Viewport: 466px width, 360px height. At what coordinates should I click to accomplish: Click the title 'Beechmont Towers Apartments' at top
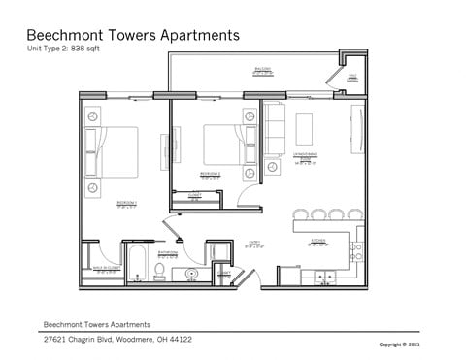click(x=133, y=35)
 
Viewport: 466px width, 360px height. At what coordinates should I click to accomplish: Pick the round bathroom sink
click(x=192, y=275)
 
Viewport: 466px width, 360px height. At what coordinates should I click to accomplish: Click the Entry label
click(x=254, y=245)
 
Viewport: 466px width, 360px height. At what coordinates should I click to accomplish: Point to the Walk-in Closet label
click(x=106, y=269)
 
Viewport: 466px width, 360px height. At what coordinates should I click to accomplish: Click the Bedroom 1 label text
click(x=126, y=203)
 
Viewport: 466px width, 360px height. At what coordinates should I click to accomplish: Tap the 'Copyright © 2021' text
click(x=400, y=344)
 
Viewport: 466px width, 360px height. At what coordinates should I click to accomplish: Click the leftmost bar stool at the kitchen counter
click(x=301, y=213)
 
